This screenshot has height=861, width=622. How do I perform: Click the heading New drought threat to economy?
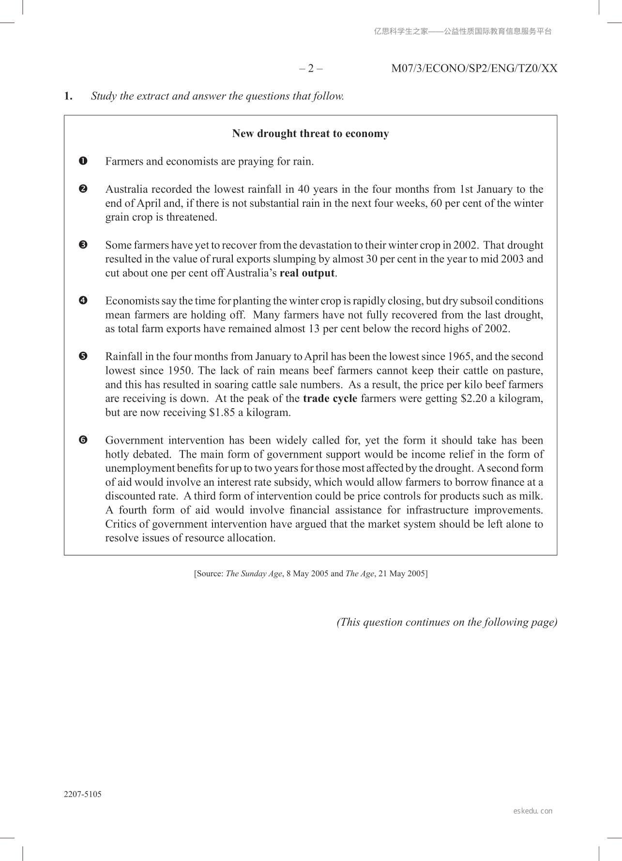310,134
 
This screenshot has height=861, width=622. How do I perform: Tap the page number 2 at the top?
311,68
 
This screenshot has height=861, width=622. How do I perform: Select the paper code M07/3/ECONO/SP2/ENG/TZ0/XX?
474,68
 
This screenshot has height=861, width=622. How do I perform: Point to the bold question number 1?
68,96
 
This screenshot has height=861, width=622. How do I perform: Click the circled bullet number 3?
83,245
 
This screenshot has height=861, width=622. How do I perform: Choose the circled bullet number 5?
83,356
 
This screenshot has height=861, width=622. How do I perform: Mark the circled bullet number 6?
83,440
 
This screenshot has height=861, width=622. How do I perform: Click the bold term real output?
307,273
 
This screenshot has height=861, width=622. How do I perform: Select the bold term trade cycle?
330,399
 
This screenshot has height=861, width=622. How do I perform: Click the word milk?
531,496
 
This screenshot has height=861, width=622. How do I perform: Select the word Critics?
121,524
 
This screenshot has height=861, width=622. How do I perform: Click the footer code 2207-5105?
83,794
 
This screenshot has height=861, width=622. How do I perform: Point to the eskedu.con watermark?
532,811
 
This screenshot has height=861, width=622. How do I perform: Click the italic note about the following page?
447,622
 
